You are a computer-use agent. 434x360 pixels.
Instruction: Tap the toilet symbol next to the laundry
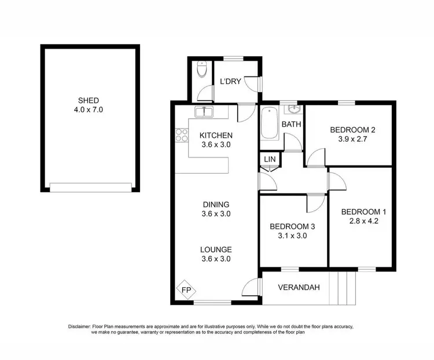201,70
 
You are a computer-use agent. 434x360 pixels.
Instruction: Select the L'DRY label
230,81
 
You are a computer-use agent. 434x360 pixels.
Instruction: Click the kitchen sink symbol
204,111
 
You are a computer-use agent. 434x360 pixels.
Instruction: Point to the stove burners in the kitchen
181,135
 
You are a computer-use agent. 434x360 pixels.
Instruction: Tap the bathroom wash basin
292,109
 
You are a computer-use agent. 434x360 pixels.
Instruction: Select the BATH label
291,124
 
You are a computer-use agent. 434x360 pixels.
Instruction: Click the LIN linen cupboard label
270,159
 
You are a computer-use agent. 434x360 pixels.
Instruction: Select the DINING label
216,204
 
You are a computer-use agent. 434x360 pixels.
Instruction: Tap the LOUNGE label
216,249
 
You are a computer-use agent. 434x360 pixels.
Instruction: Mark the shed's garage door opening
90,187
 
